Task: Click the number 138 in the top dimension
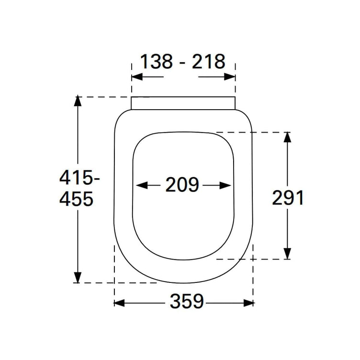(156, 62)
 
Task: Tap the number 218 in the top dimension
(208, 62)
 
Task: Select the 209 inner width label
(182, 185)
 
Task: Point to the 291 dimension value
(288, 198)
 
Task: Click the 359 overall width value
(187, 301)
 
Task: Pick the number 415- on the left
(79, 178)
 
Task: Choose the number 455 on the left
(76, 198)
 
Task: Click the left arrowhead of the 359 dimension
(119, 303)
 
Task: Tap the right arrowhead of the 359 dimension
(249, 303)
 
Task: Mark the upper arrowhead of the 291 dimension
(287, 137)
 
